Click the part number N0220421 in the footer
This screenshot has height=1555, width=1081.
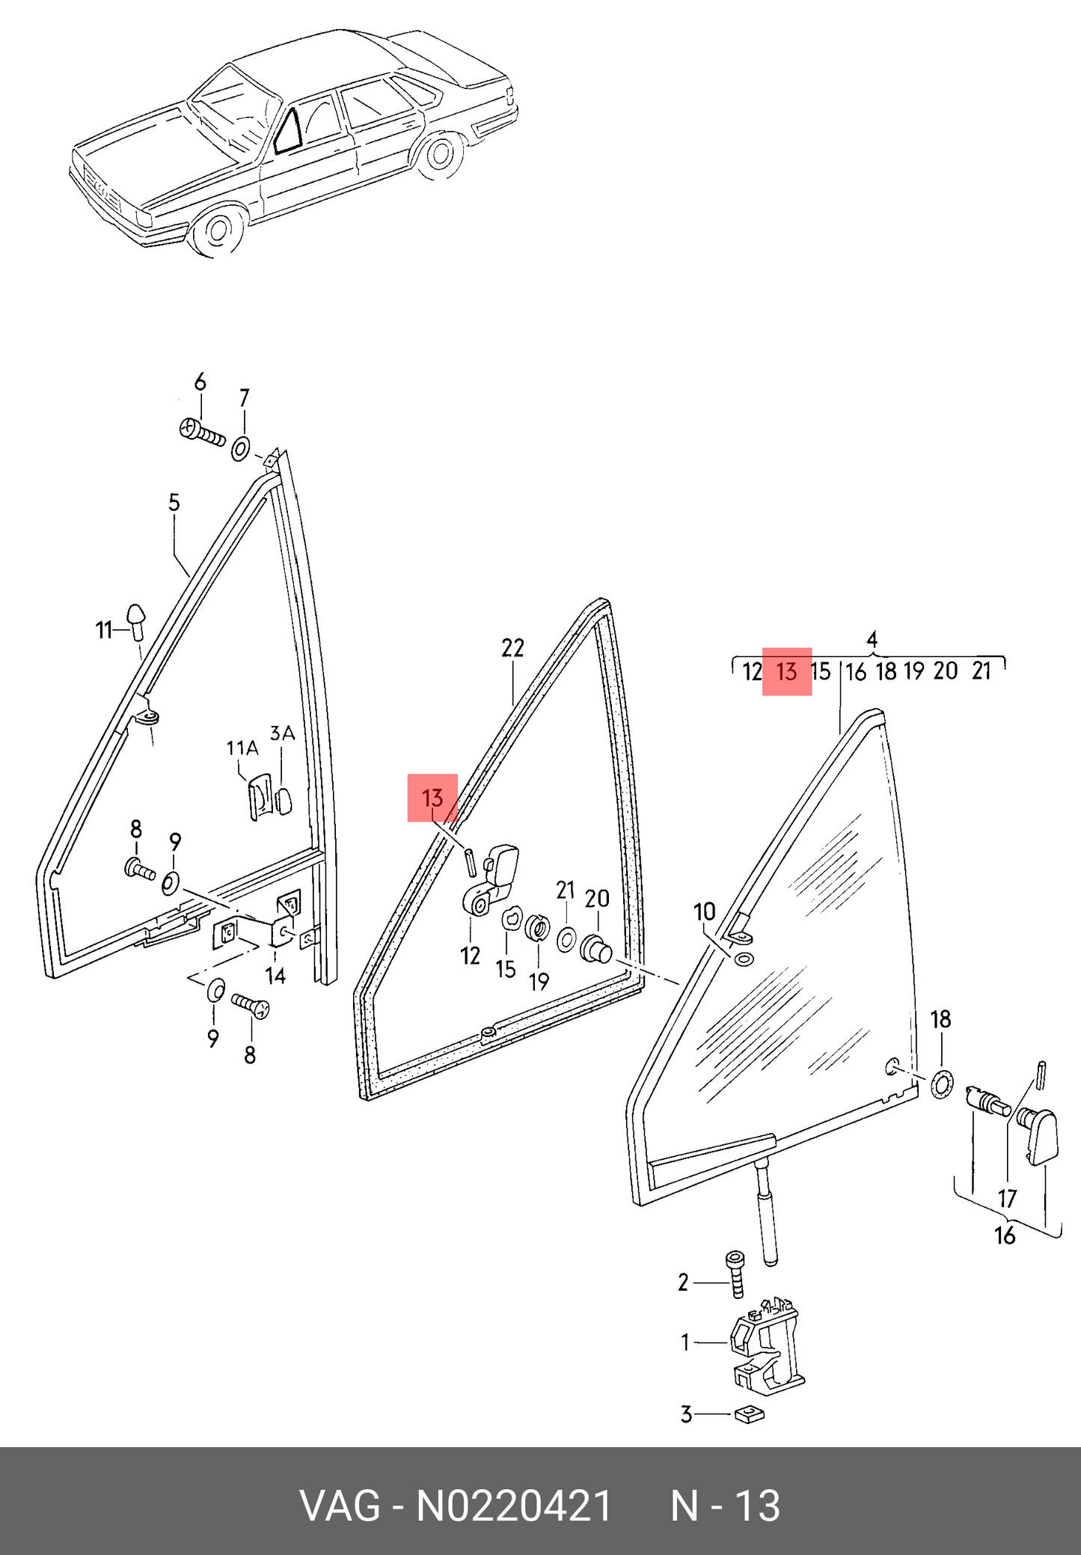click(514, 1506)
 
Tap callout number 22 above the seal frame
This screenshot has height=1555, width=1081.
click(512, 647)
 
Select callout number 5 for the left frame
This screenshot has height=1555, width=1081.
click(174, 503)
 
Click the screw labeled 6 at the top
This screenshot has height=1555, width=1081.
click(202, 432)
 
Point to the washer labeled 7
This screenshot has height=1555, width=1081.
click(241, 449)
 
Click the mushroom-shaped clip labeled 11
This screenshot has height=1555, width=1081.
click(137, 620)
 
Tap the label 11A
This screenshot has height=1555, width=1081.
click(242, 748)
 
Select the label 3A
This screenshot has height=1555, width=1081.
click(282, 734)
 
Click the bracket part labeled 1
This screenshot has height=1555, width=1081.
click(766, 1346)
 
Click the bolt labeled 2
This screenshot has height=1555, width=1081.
click(735, 1276)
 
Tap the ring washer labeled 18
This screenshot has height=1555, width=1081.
click(942, 1084)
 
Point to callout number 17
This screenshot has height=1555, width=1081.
click(1008, 1198)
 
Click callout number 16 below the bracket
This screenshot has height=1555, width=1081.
click(1005, 1235)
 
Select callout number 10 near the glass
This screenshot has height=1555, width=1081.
click(705, 911)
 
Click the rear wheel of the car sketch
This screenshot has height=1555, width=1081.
click(438, 154)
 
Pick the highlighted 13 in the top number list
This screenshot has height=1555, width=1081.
click(787, 671)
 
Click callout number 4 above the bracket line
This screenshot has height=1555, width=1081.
click(872, 640)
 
